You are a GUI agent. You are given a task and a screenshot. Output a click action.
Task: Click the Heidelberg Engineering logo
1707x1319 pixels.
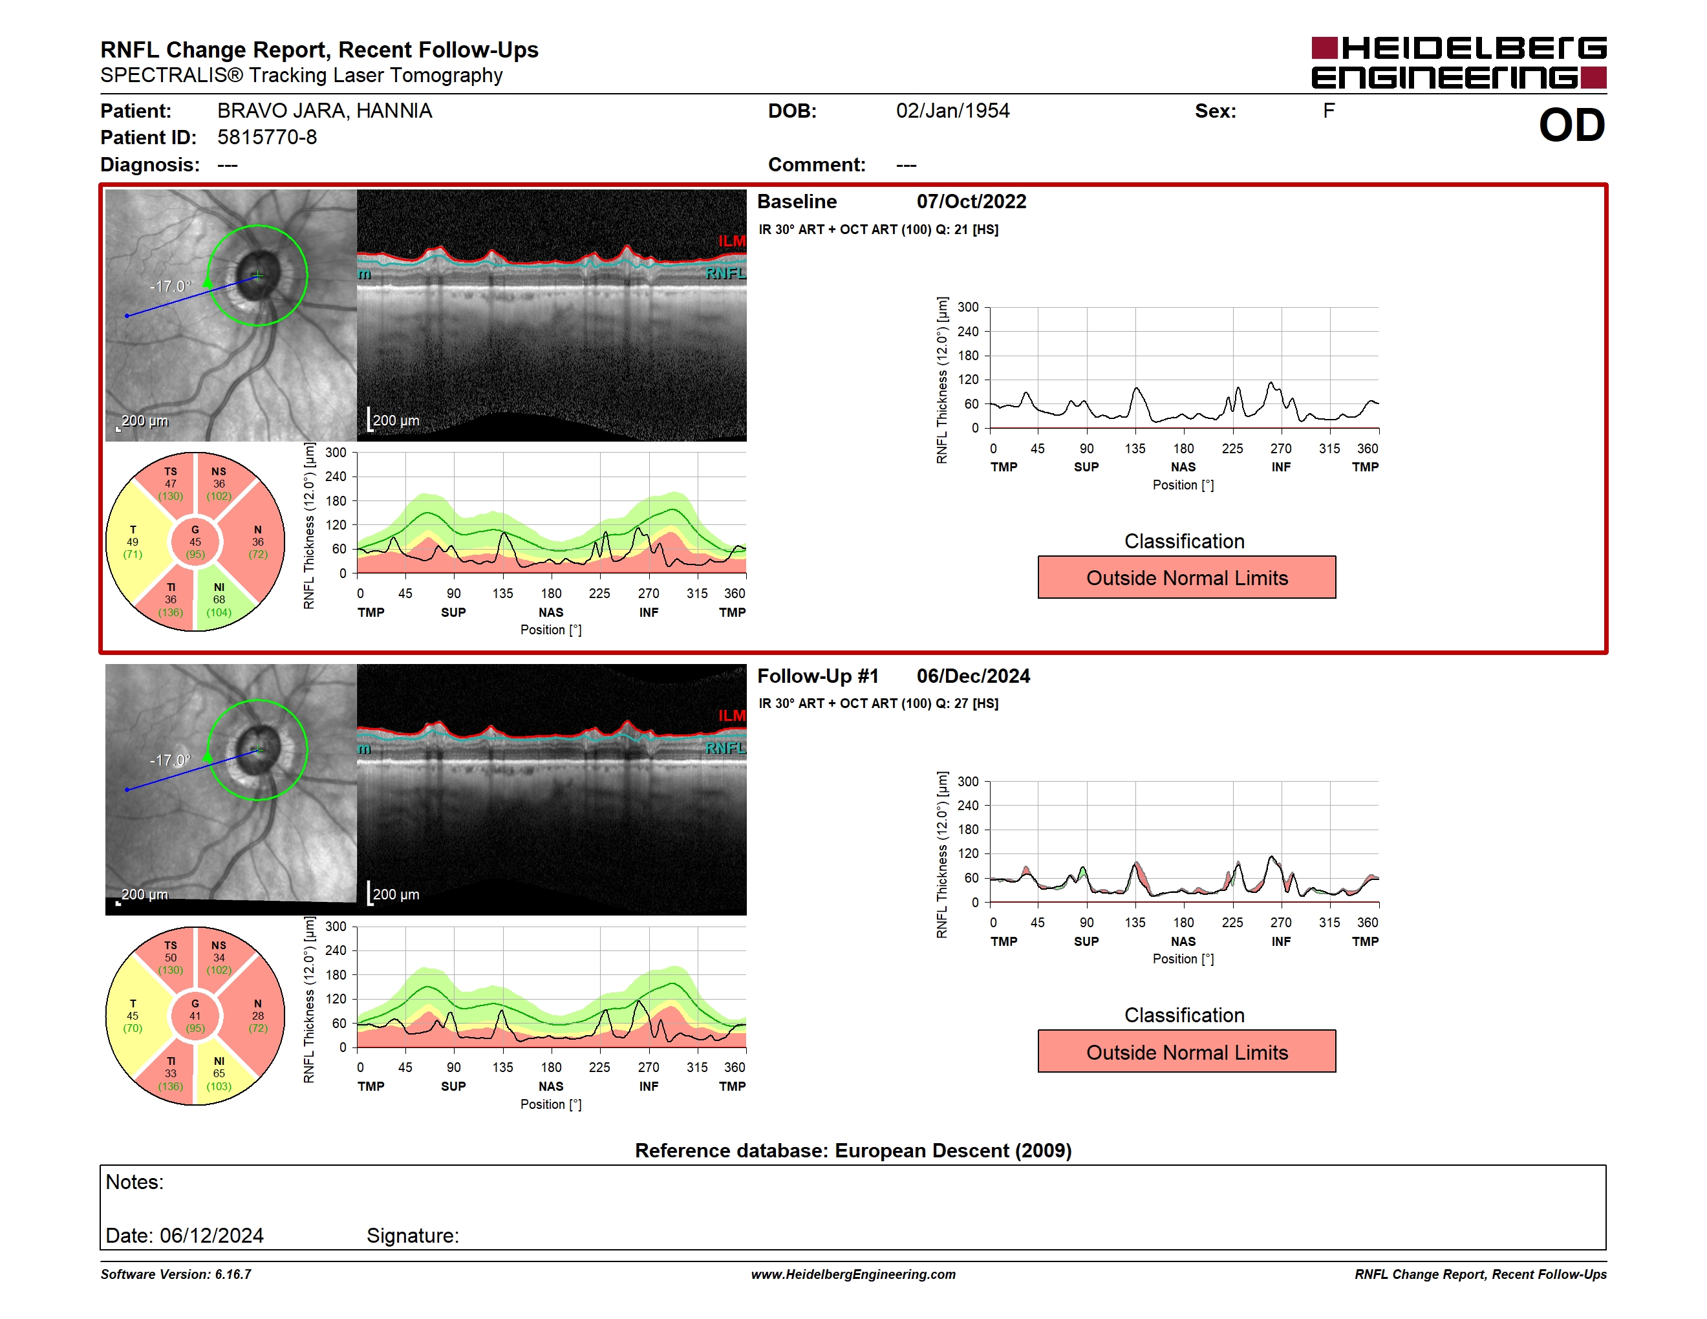point(1459,63)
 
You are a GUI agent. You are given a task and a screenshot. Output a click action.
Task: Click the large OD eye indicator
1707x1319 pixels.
point(1572,125)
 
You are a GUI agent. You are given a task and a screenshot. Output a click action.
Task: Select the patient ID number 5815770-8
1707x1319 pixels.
point(267,138)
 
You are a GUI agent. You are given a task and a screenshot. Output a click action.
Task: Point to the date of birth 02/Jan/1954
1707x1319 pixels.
point(953,111)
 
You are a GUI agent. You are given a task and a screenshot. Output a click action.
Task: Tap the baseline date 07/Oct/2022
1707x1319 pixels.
point(972,202)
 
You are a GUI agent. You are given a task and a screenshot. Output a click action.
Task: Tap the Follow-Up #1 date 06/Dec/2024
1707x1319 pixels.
point(973,676)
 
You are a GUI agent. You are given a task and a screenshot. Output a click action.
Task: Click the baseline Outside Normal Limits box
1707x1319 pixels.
point(1186,577)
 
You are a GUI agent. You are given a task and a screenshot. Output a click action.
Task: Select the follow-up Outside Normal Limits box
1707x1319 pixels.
point(1186,1052)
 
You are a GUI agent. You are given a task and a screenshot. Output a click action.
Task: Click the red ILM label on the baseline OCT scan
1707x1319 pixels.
point(731,241)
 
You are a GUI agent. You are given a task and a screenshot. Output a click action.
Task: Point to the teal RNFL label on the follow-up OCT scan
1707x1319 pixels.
point(725,748)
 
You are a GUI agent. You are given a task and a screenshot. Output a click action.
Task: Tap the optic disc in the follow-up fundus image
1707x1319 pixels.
point(258,750)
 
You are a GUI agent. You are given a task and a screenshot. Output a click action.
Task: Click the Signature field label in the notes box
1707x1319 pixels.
point(413,1236)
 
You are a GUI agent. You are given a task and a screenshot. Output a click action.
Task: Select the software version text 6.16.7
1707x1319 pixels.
point(233,1274)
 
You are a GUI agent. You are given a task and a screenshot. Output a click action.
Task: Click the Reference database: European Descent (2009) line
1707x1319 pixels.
point(853,1150)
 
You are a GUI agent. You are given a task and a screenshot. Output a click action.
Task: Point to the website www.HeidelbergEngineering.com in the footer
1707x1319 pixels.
point(853,1274)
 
